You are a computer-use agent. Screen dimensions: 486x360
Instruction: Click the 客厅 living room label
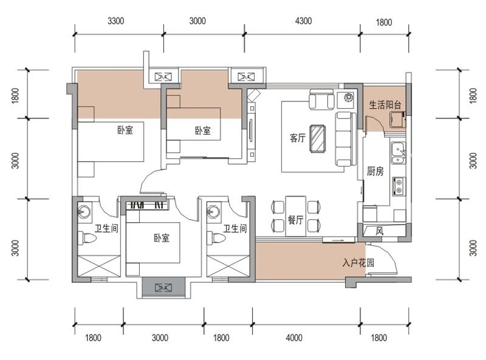pyautogui.click(x=298, y=138)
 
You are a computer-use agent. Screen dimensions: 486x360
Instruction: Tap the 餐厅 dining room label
pyautogui.click(x=295, y=220)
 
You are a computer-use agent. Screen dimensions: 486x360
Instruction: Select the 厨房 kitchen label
pyautogui.click(x=375, y=171)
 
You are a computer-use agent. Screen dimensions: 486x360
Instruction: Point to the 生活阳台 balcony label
pyautogui.click(x=385, y=104)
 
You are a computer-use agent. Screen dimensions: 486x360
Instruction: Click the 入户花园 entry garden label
pyautogui.click(x=358, y=263)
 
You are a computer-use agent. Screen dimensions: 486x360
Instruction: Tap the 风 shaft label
pyautogui.click(x=380, y=231)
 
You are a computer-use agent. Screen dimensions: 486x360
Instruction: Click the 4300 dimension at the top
pyautogui.click(x=303, y=21)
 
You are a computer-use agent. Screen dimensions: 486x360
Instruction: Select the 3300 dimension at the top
pyautogui.click(x=115, y=21)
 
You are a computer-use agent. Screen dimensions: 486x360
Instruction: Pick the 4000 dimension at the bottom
pyautogui.click(x=294, y=337)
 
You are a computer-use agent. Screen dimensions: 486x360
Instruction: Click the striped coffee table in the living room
pyautogui.click(x=318, y=138)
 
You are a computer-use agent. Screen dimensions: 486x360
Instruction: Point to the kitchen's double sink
pyautogui.click(x=398, y=152)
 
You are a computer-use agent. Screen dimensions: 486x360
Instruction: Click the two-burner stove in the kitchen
pyautogui.click(x=399, y=186)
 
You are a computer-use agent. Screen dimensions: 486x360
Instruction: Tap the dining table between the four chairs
pyautogui.click(x=296, y=216)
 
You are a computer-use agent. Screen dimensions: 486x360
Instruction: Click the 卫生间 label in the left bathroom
pyautogui.click(x=106, y=229)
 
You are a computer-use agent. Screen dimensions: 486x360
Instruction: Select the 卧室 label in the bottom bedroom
pyautogui.click(x=162, y=238)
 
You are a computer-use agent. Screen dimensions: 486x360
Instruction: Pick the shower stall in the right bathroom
pyautogui.click(x=228, y=266)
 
